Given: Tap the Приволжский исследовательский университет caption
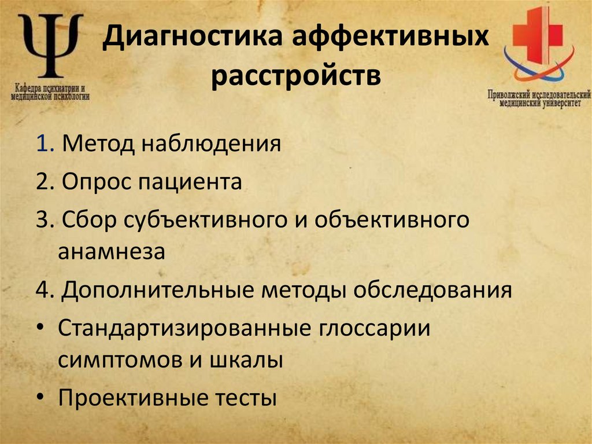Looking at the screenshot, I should coord(539,98).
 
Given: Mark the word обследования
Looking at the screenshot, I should coord(432,289).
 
